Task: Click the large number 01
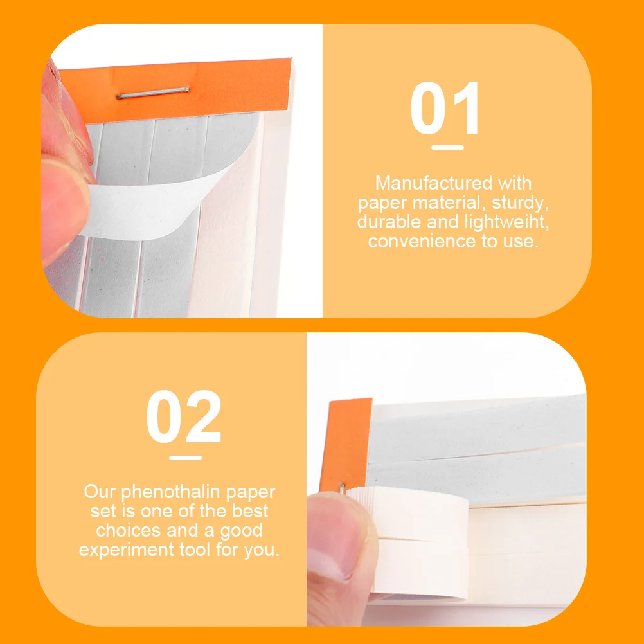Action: click(x=445, y=107)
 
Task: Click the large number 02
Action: click(x=184, y=416)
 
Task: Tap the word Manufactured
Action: click(x=434, y=183)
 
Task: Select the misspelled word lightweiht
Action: click(x=506, y=222)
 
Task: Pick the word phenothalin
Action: click(x=170, y=492)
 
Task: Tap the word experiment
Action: click(x=127, y=550)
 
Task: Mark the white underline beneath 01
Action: click(x=448, y=147)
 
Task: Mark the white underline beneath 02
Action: click(x=185, y=458)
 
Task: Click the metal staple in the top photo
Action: click(x=153, y=93)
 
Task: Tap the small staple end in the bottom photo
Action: click(x=342, y=488)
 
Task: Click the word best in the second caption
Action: click(x=250, y=511)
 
